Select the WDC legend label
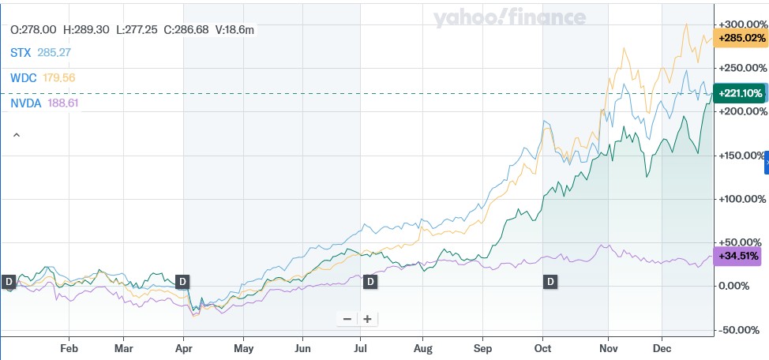(x=22, y=78)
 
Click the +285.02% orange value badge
(x=740, y=38)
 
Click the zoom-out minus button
(x=347, y=319)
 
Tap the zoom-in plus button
(x=367, y=319)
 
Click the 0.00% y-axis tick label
(x=743, y=285)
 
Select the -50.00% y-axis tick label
(x=740, y=329)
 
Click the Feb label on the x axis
(x=69, y=347)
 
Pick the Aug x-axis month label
(x=424, y=347)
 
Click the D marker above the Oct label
(x=549, y=281)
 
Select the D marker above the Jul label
(x=369, y=281)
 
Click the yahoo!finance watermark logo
(x=509, y=18)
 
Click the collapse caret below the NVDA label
(x=16, y=135)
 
